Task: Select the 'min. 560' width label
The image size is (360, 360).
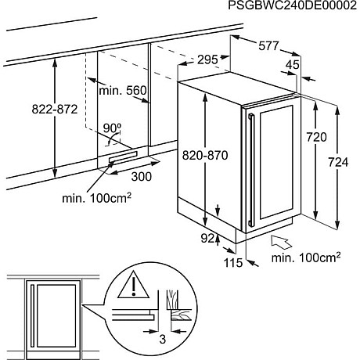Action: click(x=124, y=92)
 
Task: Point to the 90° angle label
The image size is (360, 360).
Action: click(x=112, y=127)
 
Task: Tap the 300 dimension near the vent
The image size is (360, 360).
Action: click(x=142, y=177)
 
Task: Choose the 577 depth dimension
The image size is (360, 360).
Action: click(x=268, y=46)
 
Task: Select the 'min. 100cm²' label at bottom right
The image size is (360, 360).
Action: click(x=305, y=257)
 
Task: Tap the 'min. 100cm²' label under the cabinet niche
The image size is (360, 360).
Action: click(x=96, y=199)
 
